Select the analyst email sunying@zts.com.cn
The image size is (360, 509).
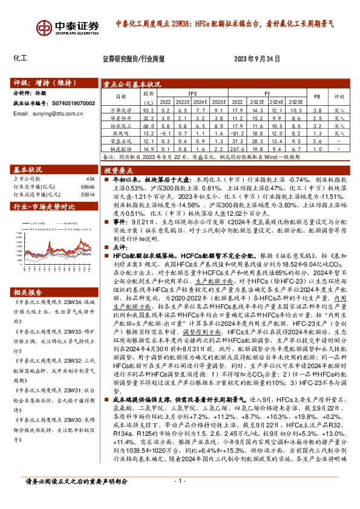[x=52, y=113]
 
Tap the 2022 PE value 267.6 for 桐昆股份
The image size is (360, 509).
[x=237, y=148]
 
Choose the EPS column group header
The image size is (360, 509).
[x=192, y=94]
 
